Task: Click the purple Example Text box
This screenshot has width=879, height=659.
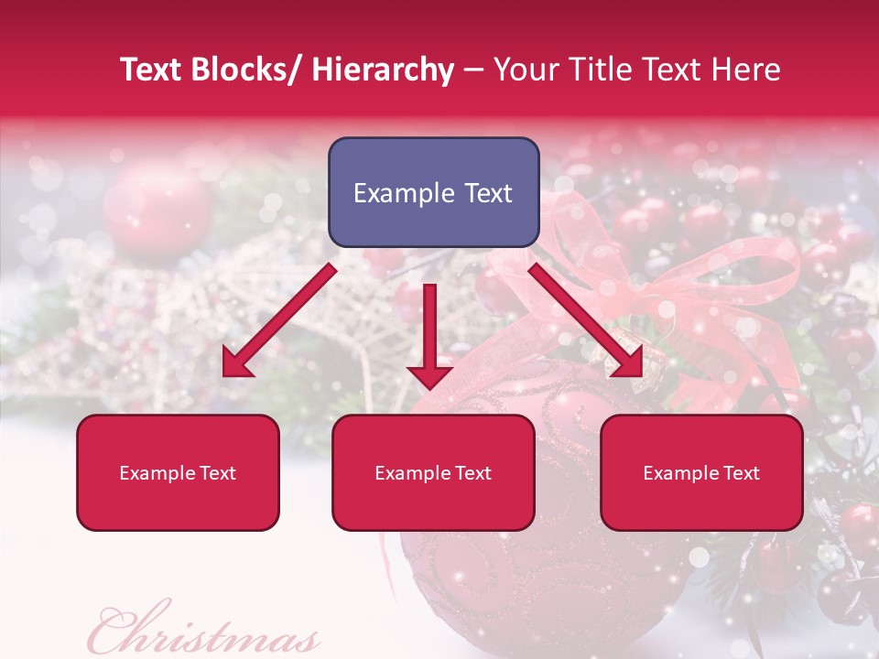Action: click(433, 192)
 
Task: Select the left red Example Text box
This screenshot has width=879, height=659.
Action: click(178, 472)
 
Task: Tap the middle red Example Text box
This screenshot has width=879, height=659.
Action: click(433, 472)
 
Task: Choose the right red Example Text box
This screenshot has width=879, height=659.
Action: click(701, 472)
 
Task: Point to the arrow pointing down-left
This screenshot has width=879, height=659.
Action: click(279, 320)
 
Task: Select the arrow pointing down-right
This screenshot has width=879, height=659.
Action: click(586, 320)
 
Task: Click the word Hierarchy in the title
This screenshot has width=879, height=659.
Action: click(383, 70)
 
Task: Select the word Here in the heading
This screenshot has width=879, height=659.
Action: click(744, 70)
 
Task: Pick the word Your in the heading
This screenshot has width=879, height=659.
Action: click(525, 70)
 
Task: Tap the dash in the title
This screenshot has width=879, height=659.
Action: click(473, 70)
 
